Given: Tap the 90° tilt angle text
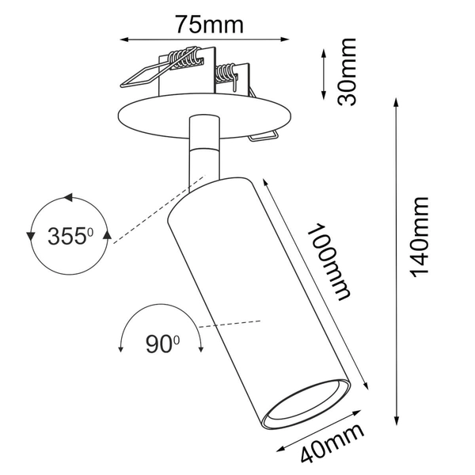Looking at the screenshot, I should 162,343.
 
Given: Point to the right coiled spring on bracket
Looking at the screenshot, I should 229,76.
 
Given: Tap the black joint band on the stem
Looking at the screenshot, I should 204,149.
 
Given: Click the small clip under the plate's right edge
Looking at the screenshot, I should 262,137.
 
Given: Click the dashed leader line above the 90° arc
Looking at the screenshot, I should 230,323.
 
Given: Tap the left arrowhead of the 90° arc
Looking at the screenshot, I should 120,349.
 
